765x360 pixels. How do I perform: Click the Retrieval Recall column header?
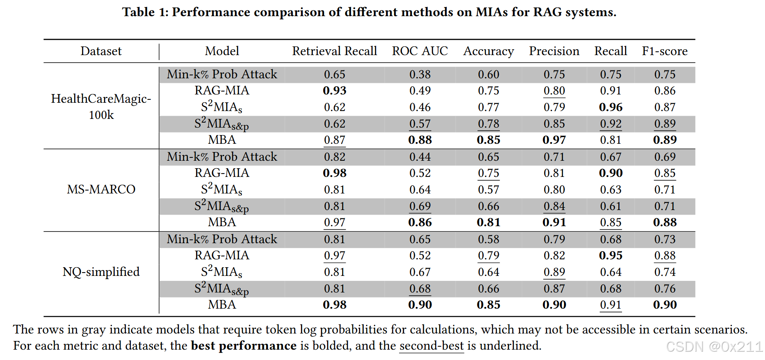pos(334,51)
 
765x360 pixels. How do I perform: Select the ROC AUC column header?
pos(420,51)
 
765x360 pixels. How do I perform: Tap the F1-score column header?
pos(664,51)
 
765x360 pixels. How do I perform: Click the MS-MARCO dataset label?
pos(101,189)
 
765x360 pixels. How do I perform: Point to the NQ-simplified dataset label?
pos(101,272)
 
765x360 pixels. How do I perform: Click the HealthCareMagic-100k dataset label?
pos(101,106)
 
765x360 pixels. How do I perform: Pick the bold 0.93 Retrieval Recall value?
pos(334,91)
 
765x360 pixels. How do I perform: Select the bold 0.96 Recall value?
pos(610,107)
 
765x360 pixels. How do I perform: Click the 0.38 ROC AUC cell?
pos(420,75)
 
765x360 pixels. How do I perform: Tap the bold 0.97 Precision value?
pos(554,140)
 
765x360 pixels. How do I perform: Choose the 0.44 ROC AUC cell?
pos(420,157)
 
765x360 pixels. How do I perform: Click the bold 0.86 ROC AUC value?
pos(420,222)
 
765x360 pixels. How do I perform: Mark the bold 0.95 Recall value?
pos(610,256)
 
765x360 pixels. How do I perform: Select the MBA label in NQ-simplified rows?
pos(222,305)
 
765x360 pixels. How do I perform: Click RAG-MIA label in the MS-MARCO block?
pos(222,173)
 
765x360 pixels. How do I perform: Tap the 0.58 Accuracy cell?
pos(489,239)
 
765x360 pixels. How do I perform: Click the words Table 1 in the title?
pos(145,12)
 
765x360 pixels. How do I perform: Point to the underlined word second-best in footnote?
pos(431,346)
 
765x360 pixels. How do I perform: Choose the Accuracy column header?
pos(489,51)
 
